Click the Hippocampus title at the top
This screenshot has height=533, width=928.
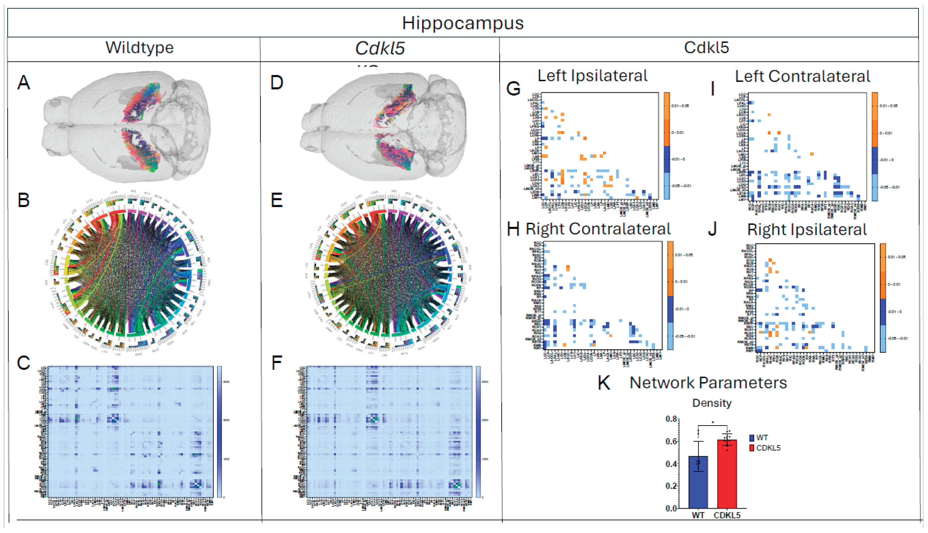tap(463, 23)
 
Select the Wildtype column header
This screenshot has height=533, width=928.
tap(139, 48)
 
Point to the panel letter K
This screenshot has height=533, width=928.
tap(604, 383)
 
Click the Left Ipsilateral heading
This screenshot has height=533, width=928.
tap(592, 76)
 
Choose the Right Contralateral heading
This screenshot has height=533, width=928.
tap(598, 229)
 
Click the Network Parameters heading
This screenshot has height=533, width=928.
tap(708, 383)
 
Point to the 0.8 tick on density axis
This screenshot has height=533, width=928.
tap(671, 419)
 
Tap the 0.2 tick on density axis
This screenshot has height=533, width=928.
tap(671, 486)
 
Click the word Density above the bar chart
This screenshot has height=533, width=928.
tap(712, 403)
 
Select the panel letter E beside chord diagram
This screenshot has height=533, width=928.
tap(277, 201)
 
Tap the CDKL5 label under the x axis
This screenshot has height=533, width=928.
tap(727, 515)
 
